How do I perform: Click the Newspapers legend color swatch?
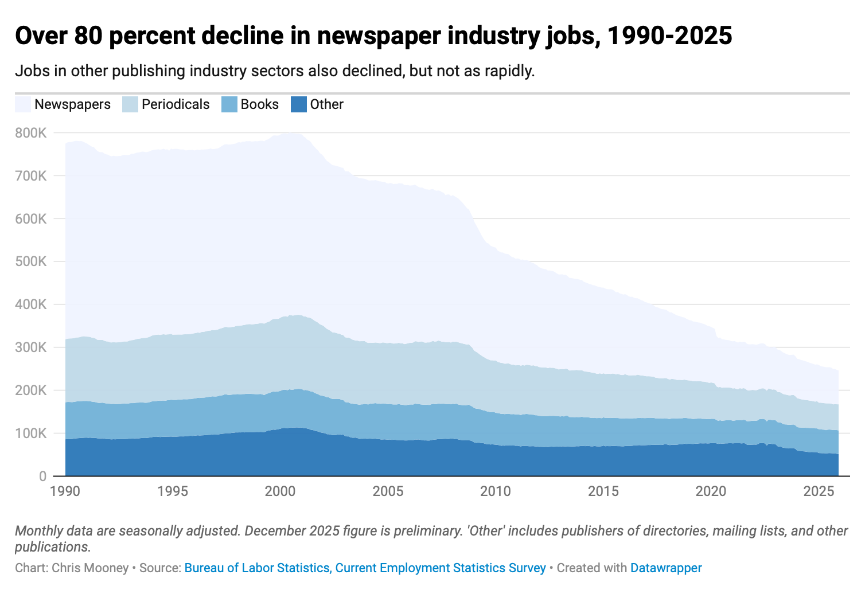pyautogui.click(x=23, y=104)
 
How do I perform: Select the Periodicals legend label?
pyautogui.click(x=176, y=104)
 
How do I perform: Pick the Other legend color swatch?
pyautogui.click(x=299, y=104)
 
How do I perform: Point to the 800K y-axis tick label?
pyautogui.click(x=31, y=133)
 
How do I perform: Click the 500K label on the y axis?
pyautogui.click(x=31, y=261)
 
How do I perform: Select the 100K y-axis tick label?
pyautogui.click(x=31, y=433)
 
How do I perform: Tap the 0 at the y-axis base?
pyautogui.click(x=42, y=476)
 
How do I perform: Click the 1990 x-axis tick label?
pyautogui.click(x=65, y=491)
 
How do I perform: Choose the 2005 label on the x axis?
pyautogui.click(x=388, y=491)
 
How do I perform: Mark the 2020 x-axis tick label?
pyautogui.click(x=711, y=491)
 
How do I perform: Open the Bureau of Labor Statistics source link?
pyautogui.click(x=365, y=568)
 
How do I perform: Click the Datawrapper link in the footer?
pyautogui.click(x=666, y=568)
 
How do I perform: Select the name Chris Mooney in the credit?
pyautogui.click(x=90, y=568)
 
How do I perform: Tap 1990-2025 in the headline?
pyautogui.click(x=669, y=36)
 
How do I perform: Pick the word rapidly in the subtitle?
pyautogui.click(x=509, y=71)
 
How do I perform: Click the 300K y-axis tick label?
pyautogui.click(x=31, y=347)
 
